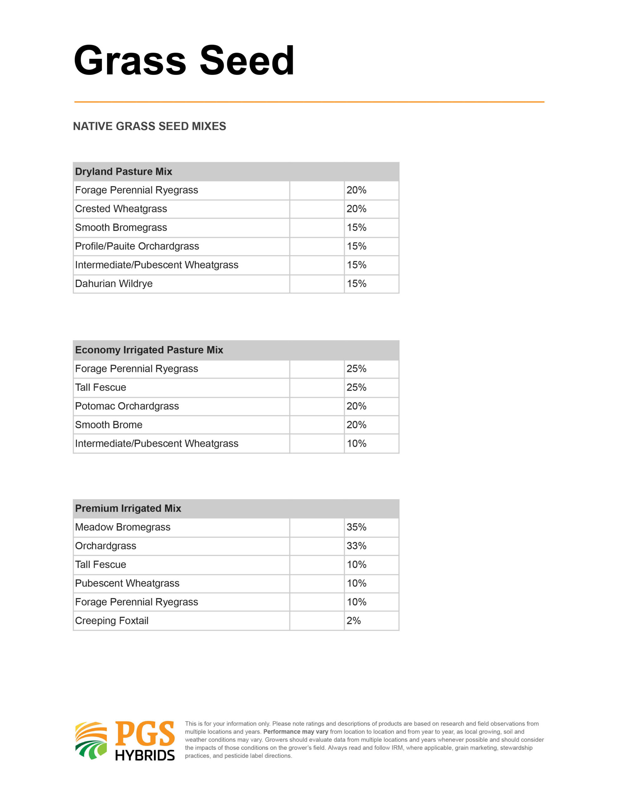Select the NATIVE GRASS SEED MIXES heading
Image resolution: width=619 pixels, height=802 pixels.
149,126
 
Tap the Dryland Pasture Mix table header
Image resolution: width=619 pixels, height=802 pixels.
124,171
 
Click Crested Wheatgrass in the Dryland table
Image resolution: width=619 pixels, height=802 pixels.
121,209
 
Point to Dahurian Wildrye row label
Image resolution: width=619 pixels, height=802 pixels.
114,284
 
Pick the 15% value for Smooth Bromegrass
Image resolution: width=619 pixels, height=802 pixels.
356,228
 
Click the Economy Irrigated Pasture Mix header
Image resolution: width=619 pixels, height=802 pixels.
149,350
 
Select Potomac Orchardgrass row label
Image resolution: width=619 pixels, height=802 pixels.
127,406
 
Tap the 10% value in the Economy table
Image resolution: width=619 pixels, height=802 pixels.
356,444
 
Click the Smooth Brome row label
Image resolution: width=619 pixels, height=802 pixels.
109,425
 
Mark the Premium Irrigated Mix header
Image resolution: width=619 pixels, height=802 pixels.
128,508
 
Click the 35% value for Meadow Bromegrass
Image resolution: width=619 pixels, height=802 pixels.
356,527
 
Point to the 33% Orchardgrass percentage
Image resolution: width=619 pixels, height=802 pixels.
356,546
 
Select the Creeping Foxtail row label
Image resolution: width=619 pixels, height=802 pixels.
111,621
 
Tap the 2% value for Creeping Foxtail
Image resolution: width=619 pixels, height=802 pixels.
353,621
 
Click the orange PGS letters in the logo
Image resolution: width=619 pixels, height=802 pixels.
145,734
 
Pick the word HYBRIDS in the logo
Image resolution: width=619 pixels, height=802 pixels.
145,755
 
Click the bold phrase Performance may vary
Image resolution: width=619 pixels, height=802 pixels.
295,732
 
